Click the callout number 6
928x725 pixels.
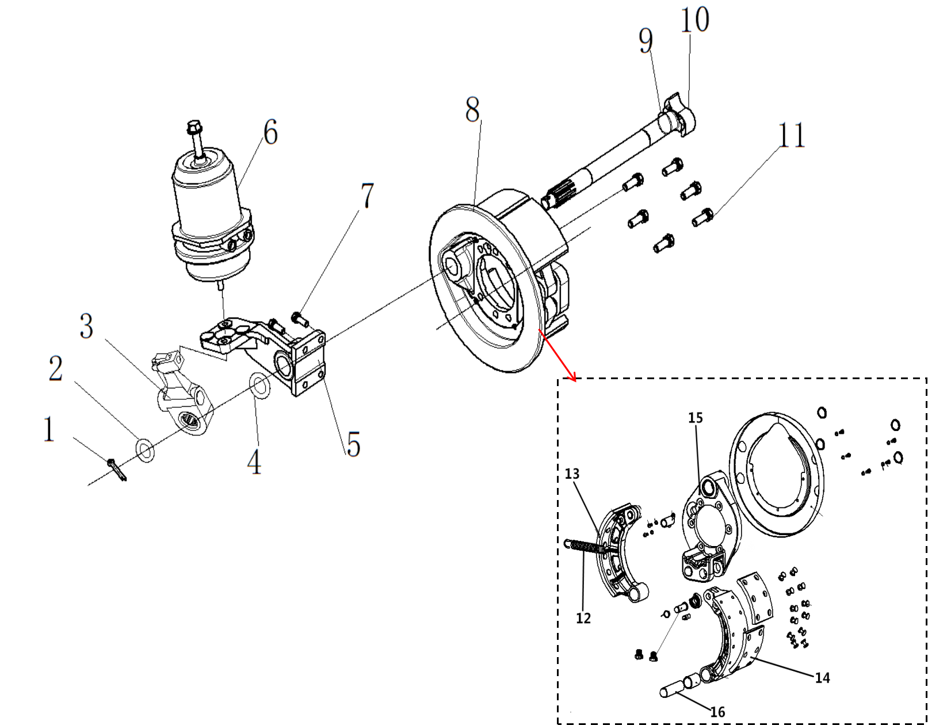[270, 132]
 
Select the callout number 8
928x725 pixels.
[472, 109]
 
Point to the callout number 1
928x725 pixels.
[49, 429]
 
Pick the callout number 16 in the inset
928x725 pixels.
[717, 712]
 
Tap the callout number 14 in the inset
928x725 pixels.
[823, 678]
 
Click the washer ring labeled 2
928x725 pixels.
[144, 450]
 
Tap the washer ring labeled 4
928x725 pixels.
[259, 385]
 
